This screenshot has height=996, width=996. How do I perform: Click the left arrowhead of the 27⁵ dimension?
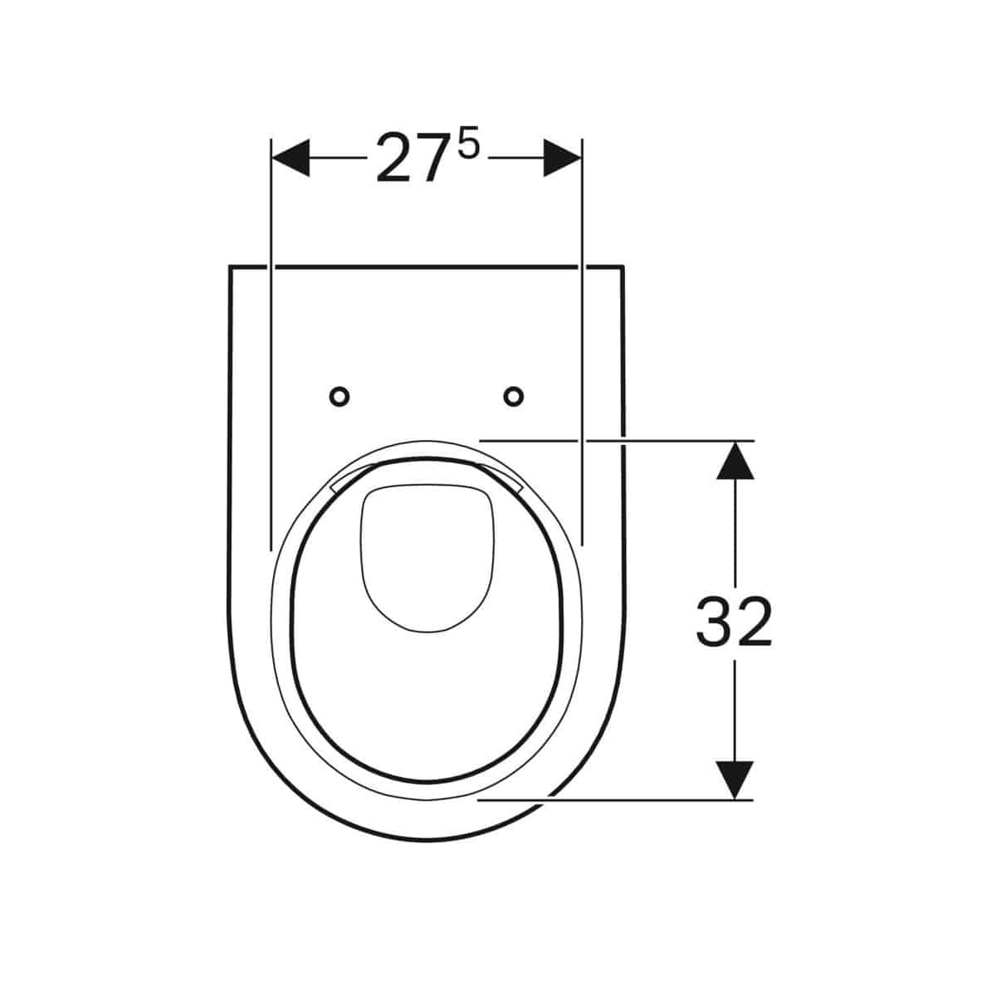pyautogui.click(x=290, y=158)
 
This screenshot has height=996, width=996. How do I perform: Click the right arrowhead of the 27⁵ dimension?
pyautogui.click(x=562, y=158)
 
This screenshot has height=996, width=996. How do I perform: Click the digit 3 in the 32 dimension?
pyautogui.click(x=714, y=622)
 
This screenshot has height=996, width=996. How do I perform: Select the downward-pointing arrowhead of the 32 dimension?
pyautogui.click(x=735, y=781)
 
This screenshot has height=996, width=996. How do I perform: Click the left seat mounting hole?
pyautogui.click(x=339, y=398)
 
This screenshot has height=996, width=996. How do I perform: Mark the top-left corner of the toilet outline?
pyautogui.click(x=229, y=267)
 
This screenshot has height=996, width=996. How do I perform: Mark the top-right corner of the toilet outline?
pyautogui.click(x=623, y=267)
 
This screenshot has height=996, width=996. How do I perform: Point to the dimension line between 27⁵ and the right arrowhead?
pyautogui.click(x=515, y=158)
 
